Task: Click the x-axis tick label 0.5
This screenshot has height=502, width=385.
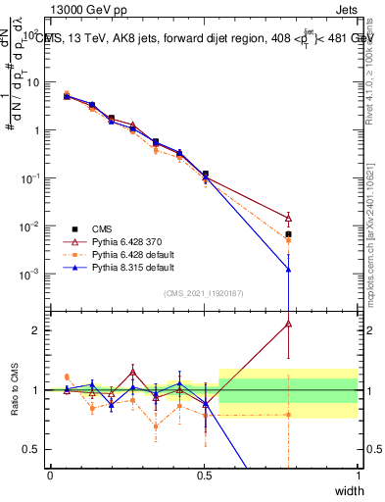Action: pos(204,475)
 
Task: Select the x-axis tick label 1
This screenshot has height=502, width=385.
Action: pos(359,475)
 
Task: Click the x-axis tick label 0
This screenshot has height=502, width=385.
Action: pos(50,475)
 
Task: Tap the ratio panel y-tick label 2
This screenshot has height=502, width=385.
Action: pos(37,330)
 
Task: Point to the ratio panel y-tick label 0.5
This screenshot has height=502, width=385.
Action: pos(33,449)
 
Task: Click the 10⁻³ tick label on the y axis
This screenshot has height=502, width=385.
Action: pos(29,275)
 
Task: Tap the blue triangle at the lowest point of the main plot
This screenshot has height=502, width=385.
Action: pos(288,269)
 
